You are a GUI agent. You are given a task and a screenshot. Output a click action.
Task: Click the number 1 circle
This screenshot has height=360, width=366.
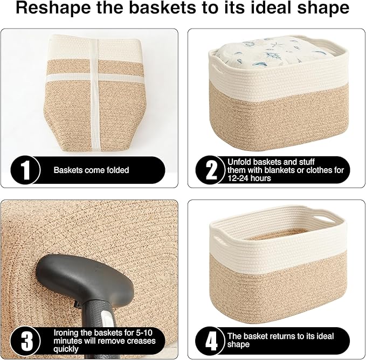[25, 170]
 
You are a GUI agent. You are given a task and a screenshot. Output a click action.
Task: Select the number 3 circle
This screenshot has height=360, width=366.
[25, 341]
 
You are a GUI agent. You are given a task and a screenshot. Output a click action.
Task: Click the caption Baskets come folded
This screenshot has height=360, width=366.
[91, 170]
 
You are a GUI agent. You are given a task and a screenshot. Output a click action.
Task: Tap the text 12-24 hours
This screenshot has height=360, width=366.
[250, 178]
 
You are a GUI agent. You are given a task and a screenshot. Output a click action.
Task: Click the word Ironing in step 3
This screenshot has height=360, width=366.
[66, 333]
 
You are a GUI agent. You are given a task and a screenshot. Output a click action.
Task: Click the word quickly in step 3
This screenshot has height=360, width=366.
[67, 349]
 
